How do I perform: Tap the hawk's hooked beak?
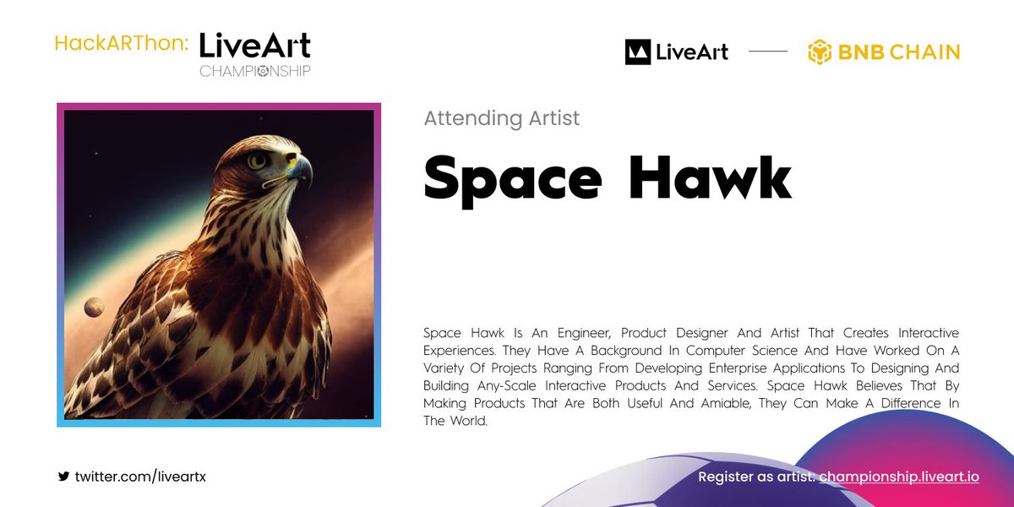[301, 170]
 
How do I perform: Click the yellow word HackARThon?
[120, 43]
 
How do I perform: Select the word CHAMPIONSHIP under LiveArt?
[254, 71]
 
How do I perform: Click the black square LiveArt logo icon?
[637, 52]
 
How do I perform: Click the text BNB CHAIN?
[899, 52]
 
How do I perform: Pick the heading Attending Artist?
[501, 117]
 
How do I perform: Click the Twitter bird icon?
[63, 477]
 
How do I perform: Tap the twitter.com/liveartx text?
[140, 477]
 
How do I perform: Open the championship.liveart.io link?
[898, 477]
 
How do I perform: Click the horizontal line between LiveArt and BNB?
[767, 52]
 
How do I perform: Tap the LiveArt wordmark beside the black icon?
[692, 52]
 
